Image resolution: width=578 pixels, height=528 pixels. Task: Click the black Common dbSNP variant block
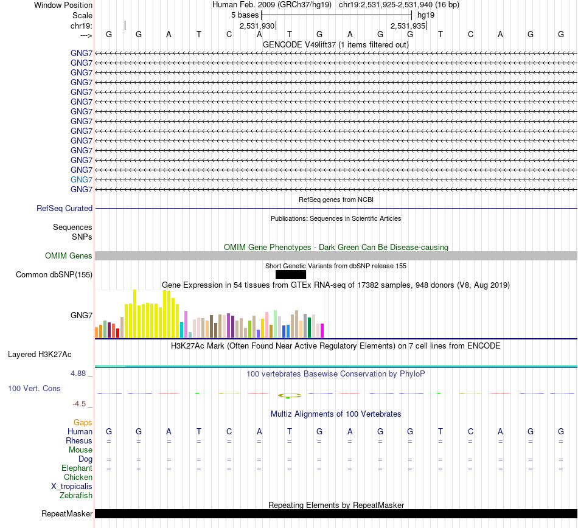pos(290,274)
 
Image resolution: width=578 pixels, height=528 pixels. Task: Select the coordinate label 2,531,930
pos(257,26)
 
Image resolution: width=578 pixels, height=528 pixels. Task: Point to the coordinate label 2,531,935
pos(408,26)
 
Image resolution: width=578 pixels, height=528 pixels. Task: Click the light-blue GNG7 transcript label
pos(82,179)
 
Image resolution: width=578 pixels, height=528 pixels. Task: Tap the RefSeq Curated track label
pos(64,208)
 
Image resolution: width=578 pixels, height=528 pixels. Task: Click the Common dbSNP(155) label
pos(54,275)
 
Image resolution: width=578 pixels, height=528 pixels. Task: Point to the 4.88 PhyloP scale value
pos(80,373)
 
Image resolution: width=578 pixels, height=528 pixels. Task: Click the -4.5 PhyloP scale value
pos(80,403)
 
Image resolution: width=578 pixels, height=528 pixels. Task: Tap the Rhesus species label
pos(79,440)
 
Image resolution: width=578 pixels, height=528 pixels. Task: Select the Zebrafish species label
pos(76,496)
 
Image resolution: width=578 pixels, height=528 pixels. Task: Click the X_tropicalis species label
pos(72,487)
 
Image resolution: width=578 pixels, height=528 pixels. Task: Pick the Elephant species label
pos(77,468)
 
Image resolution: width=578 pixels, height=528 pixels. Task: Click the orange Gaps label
pos(83,422)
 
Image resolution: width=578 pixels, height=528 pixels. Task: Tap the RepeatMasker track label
pos(67,514)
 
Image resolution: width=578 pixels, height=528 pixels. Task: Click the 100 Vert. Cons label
pos(34,388)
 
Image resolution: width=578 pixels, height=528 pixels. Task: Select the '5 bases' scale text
pos(245,15)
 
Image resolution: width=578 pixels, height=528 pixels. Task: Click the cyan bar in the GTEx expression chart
pos(182,329)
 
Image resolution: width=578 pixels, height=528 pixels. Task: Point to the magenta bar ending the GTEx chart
pos(322,330)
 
